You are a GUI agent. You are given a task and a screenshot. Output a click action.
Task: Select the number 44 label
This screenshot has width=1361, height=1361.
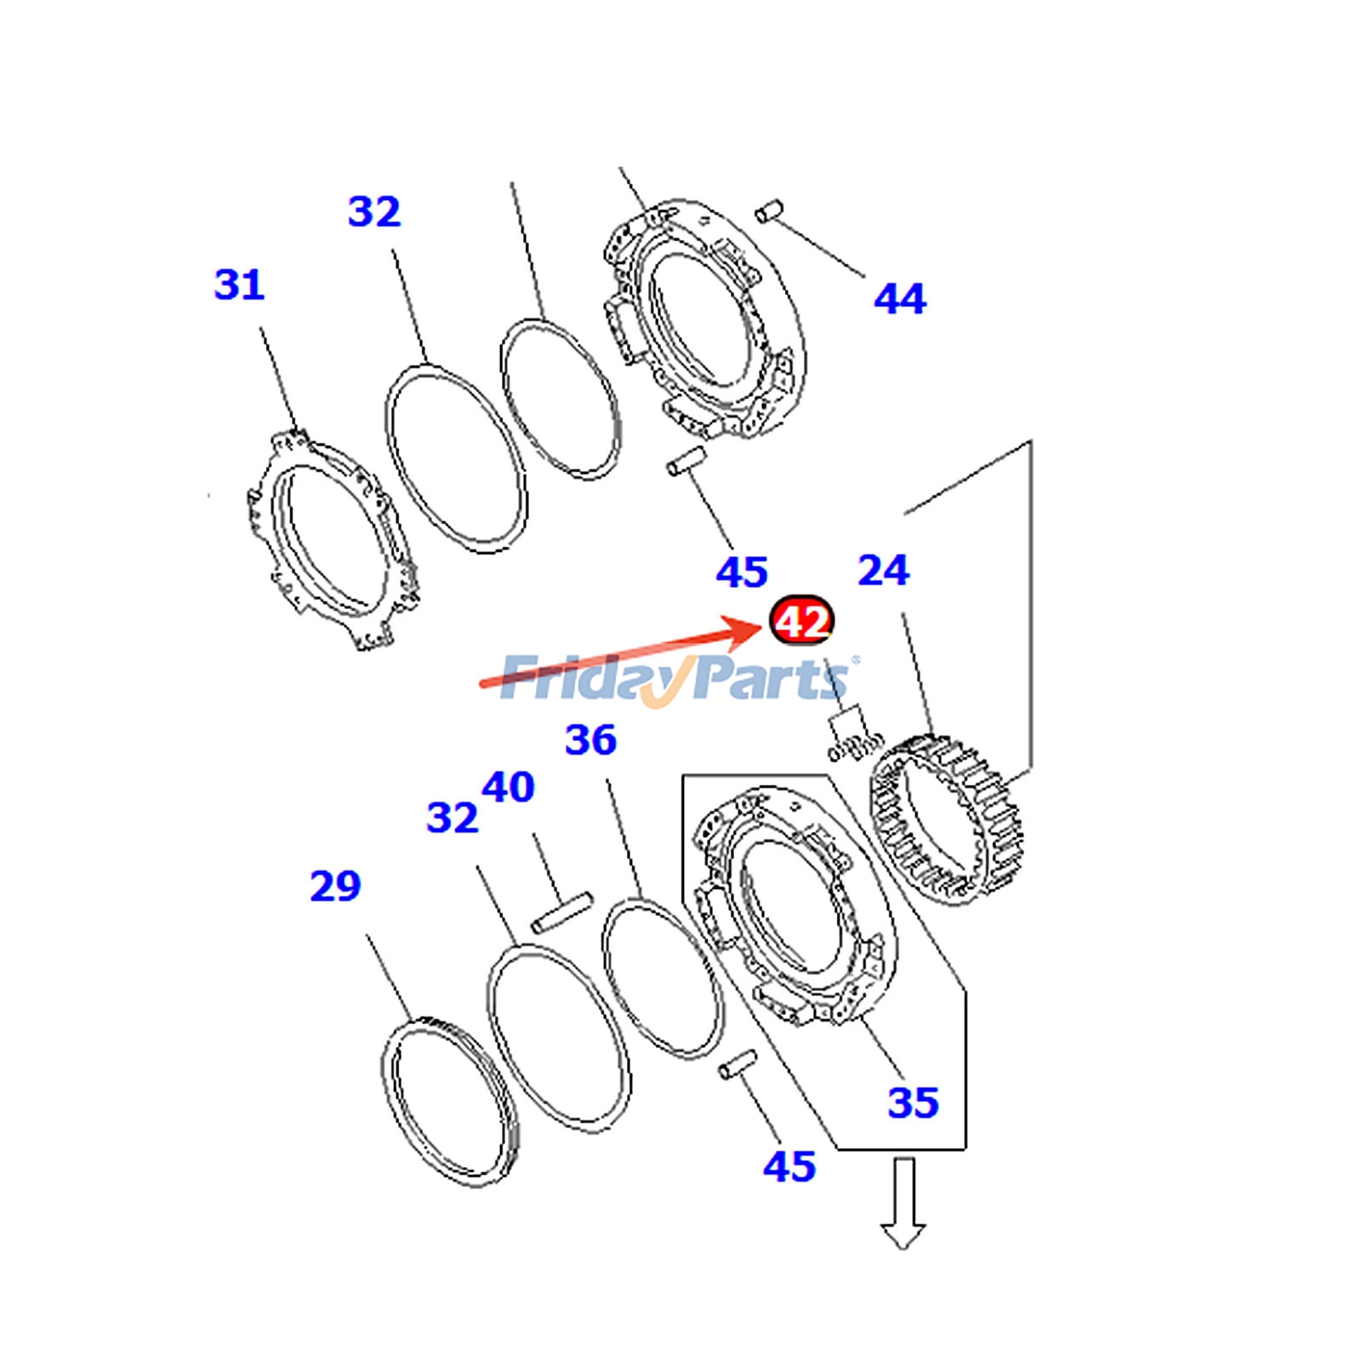click(x=900, y=299)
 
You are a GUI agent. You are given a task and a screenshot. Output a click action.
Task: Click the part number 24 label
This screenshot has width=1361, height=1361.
click(x=883, y=570)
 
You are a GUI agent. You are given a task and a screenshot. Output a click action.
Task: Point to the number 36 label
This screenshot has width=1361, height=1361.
click(x=590, y=740)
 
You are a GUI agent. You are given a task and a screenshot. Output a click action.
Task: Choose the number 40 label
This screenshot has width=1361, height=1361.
click(x=508, y=787)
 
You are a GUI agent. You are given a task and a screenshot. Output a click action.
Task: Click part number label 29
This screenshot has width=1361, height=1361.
click(x=335, y=886)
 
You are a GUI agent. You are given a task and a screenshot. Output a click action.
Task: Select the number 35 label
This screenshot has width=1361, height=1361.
click(x=914, y=1102)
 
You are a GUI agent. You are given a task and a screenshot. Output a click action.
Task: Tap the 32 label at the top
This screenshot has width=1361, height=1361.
click(x=374, y=211)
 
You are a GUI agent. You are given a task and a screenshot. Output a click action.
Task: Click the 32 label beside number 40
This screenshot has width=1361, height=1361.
click(x=453, y=817)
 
